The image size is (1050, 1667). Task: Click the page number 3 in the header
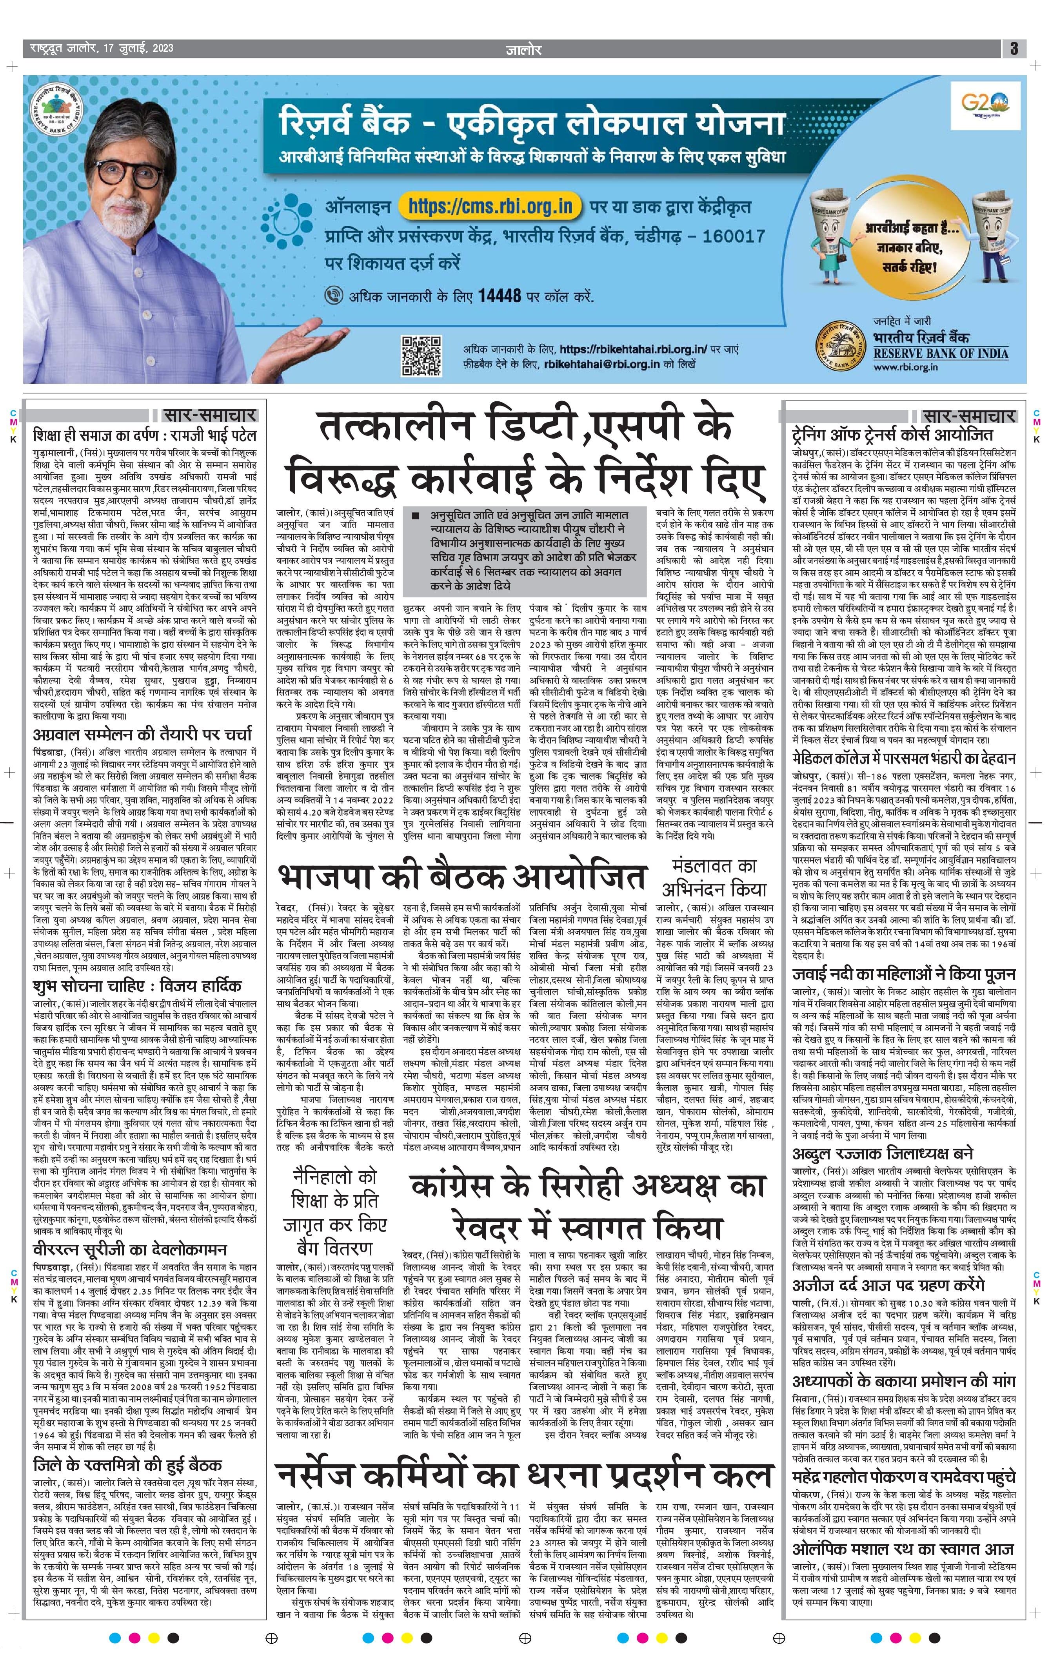coord(1013,49)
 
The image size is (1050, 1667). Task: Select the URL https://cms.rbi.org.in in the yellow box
coord(490,206)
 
